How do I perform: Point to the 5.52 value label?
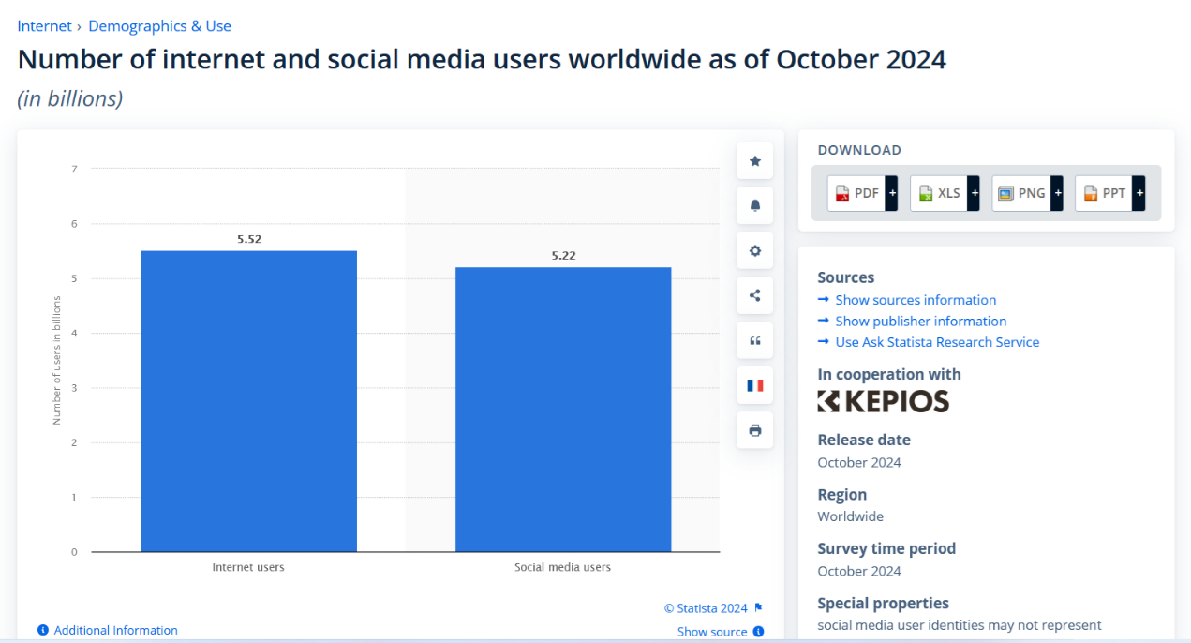coord(249,239)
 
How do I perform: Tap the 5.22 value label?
coord(563,255)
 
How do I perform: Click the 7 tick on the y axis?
coord(74,169)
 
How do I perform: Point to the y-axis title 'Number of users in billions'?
coord(56,360)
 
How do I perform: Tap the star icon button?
coord(755,161)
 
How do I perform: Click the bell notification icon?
coord(755,205)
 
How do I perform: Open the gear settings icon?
coord(755,250)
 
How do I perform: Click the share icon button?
coord(755,295)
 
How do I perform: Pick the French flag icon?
coord(755,385)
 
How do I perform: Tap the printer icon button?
coord(755,430)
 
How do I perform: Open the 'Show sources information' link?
coord(916,300)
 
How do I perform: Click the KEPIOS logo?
coord(883,401)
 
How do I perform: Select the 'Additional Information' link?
coord(115,630)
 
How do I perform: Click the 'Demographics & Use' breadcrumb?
coord(159,26)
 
